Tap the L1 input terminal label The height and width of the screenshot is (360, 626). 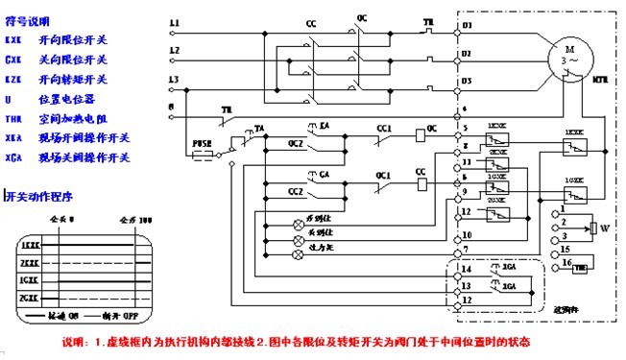[174, 22]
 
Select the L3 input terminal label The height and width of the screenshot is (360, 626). [174, 79]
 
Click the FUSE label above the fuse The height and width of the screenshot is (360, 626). [203, 142]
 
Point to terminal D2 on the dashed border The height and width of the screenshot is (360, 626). [467, 53]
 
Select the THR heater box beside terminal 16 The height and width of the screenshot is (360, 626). [581, 268]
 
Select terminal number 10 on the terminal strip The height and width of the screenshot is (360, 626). [466, 234]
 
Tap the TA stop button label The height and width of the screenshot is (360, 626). [259, 127]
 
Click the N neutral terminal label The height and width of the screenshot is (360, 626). [172, 106]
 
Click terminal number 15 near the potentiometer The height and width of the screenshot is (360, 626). [566, 250]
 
